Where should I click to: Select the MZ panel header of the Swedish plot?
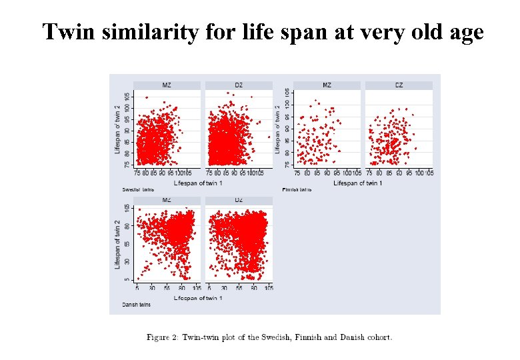pos(167,85)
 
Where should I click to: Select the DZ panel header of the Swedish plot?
pos(239,85)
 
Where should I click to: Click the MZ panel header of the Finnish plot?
pos(327,85)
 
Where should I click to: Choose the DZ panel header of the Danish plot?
pos(239,200)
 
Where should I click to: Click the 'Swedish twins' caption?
pos(135,189)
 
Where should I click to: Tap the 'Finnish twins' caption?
pos(297,189)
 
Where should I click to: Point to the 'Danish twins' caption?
pos(135,305)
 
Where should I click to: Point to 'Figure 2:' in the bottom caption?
pos(161,337)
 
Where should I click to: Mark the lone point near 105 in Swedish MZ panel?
pos(146,97)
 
